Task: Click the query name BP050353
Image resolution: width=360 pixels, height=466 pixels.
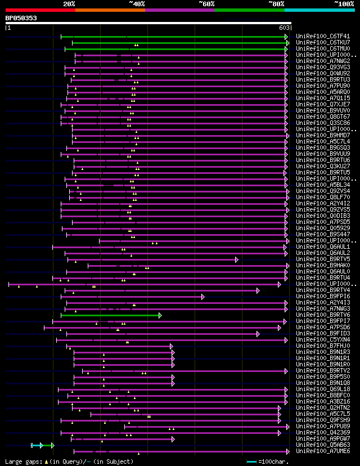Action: [x=21, y=18]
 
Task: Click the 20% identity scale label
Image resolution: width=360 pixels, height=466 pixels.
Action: [x=69, y=4]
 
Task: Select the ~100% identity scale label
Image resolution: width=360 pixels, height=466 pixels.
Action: [x=344, y=4]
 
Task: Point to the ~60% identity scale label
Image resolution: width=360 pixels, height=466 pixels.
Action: [x=206, y=4]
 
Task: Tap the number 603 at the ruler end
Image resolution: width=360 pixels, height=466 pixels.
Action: [x=284, y=27]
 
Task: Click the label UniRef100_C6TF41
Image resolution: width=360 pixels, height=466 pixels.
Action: [x=323, y=37]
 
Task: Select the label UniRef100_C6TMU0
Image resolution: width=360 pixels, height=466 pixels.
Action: [x=323, y=49]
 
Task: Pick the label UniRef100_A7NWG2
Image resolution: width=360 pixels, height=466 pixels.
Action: [x=323, y=61]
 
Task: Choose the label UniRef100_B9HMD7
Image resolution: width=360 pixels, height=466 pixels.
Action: [x=323, y=136]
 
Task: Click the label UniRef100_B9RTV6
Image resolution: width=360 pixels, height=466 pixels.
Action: [x=323, y=315]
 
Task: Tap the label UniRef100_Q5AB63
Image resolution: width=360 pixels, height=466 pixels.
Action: [x=323, y=445]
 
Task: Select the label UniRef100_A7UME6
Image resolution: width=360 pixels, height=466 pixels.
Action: [x=323, y=451]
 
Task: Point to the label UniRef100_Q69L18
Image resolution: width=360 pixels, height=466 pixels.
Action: [x=323, y=389]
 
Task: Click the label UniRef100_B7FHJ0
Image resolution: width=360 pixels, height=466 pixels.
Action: [x=323, y=346]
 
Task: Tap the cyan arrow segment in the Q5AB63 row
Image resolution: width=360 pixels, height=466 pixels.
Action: [x=37, y=445]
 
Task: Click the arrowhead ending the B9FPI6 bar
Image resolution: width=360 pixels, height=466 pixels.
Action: [x=203, y=297]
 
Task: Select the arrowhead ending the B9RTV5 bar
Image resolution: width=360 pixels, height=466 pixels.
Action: [x=237, y=259]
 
